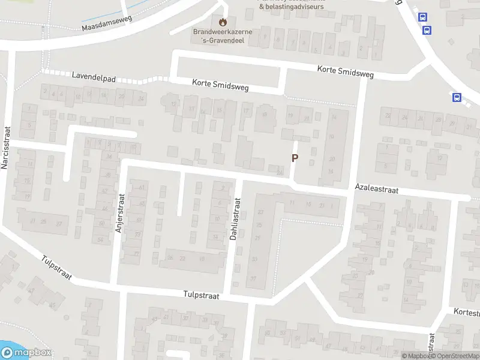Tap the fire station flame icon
(x=223, y=23)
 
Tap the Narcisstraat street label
(x=7, y=147)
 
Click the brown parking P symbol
(x=295, y=158)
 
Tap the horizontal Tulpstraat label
(x=202, y=296)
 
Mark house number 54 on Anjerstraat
(x=100, y=240)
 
